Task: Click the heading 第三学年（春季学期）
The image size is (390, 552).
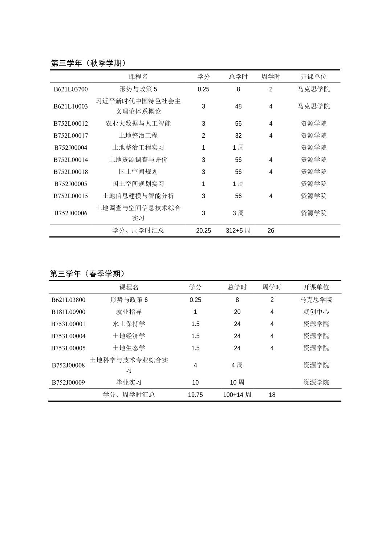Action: coord(88,273)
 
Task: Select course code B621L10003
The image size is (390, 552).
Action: coord(71,106)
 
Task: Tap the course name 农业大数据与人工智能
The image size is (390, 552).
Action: coord(138,123)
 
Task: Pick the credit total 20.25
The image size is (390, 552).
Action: coord(203,231)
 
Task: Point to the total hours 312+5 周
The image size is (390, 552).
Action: coord(238,231)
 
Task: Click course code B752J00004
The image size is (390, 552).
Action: coord(71,147)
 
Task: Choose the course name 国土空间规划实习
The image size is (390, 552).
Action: coord(138,184)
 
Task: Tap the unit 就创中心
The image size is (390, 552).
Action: coord(316,312)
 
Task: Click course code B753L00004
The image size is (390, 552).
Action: coord(68,336)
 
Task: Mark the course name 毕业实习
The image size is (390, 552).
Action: coord(129,382)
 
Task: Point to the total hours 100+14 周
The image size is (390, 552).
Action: coord(237,395)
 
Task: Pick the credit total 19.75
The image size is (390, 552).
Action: coord(195,395)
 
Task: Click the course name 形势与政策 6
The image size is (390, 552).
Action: coord(129,300)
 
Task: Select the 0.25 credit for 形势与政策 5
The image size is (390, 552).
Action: coord(203,89)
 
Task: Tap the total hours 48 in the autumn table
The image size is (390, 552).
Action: coord(238,106)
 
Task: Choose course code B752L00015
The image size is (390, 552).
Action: coord(71,196)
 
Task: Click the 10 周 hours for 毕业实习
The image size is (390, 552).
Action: coord(237,382)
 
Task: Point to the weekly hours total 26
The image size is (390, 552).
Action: coord(271,231)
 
